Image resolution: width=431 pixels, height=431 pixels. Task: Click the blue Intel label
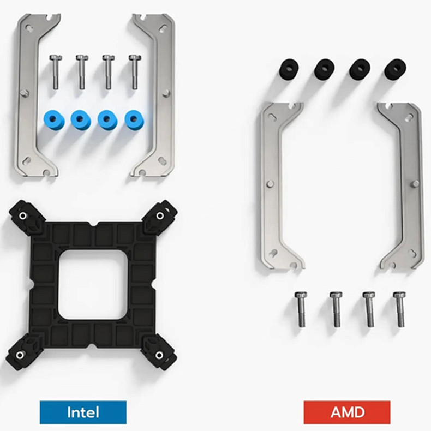click(x=83, y=412)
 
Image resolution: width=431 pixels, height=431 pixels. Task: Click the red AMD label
click(x=347, y=412)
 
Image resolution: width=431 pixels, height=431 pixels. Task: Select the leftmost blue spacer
click(x=53, y=119)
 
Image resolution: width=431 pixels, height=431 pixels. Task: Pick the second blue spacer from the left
click(x=80, y=119)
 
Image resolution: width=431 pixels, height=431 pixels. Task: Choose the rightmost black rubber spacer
click(x=394, y=69)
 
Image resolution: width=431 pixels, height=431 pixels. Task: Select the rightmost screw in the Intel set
click(x=134, y=71)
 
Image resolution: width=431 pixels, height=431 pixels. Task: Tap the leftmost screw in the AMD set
click(x=301, y=309)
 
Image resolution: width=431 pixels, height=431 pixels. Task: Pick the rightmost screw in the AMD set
click(x=399, y=309)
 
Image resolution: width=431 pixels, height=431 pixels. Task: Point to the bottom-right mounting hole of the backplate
click(x=159, y=355)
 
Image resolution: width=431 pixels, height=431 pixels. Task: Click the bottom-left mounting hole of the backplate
click(x=21, y=356)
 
